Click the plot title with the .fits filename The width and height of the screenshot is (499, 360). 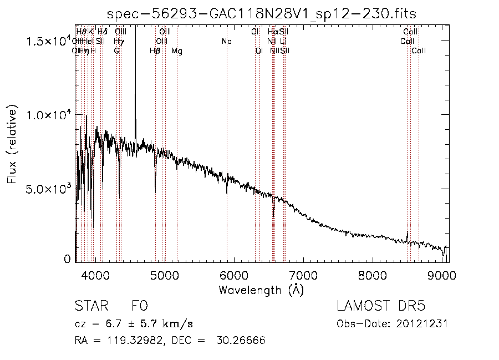pyautogui.click(x=261, y=13)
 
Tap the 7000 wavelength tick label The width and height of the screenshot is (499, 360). pyautogui.click(x=303, y=275)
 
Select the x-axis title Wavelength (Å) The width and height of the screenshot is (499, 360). pyautogui.click(x=261, y=290)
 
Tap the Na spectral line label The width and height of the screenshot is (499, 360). pyautogui.click(x=226, y=42)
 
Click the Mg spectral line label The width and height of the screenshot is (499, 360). pyautogui.click(x=177, y=51)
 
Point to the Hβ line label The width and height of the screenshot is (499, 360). pyautogui.click(x=155, y=51)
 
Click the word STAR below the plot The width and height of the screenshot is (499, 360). pyautogui.click(x=90, y=306)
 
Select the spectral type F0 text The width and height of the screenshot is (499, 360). pyautogui.click(x=139, y=306)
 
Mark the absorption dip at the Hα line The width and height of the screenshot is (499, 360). pyautogui.click(x=273, y=211)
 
